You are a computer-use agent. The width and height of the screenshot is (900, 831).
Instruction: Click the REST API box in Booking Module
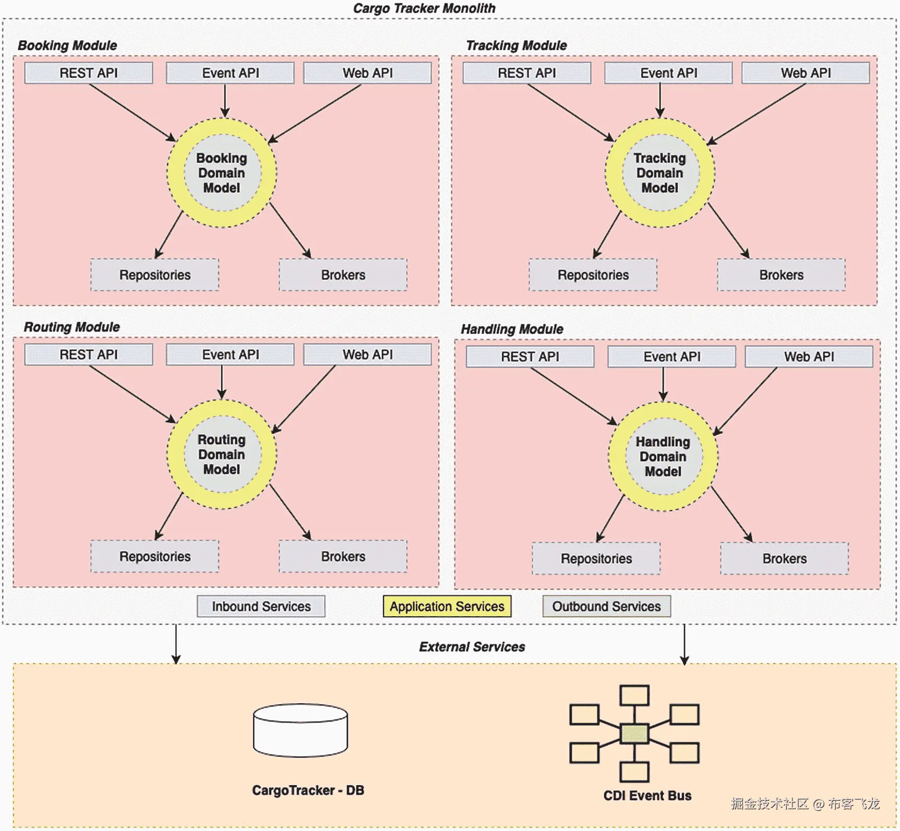point(89,73)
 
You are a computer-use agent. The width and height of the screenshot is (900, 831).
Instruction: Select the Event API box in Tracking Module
point(668,73)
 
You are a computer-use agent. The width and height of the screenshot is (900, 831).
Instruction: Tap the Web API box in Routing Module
point(367,355)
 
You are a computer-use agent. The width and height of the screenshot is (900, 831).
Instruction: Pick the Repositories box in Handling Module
point(596,558)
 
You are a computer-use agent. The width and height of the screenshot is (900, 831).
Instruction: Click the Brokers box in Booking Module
point(343,275)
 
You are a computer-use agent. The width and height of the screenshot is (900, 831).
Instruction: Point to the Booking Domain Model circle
point(222,173)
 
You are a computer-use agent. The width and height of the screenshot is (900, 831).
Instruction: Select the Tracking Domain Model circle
point(660,173)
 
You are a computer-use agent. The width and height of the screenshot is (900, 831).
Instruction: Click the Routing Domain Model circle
point(222,454)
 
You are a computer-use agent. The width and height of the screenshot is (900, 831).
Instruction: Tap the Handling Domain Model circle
point(663,456)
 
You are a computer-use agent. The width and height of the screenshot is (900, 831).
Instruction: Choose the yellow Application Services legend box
point(447,606)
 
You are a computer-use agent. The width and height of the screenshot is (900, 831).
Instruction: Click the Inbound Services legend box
point(261,606)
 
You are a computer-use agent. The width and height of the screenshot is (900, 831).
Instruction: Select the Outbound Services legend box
point(606,606)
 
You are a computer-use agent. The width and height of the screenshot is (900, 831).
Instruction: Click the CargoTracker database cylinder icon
point(301,730)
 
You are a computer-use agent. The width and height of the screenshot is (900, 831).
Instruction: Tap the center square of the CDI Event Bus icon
point(634,734)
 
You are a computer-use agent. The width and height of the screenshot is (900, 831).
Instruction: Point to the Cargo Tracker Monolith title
point(424,8)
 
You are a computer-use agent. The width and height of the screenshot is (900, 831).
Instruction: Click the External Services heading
point(472,647)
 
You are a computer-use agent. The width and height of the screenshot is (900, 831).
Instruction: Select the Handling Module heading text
point(512,329)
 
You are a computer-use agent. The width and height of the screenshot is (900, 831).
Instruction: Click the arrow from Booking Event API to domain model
point(225,101)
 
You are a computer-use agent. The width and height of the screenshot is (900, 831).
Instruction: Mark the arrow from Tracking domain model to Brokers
point(728,230)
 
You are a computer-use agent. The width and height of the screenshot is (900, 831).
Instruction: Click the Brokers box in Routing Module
point(343,556)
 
